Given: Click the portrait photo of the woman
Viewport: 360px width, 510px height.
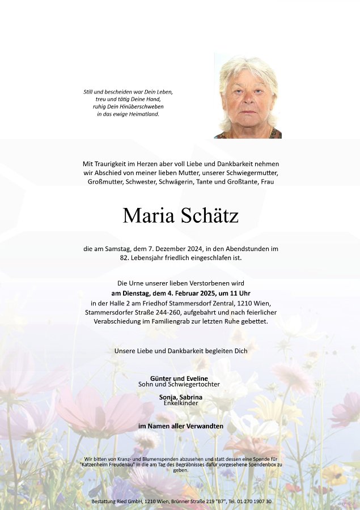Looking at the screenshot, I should point(248,96).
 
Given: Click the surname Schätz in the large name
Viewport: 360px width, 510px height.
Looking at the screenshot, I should point(210,215).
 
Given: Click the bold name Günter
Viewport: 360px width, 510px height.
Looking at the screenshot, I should point(162,378).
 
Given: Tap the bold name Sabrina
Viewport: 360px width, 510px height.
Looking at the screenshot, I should point(190,397).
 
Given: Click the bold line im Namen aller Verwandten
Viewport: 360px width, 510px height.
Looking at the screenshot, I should point(180,426).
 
